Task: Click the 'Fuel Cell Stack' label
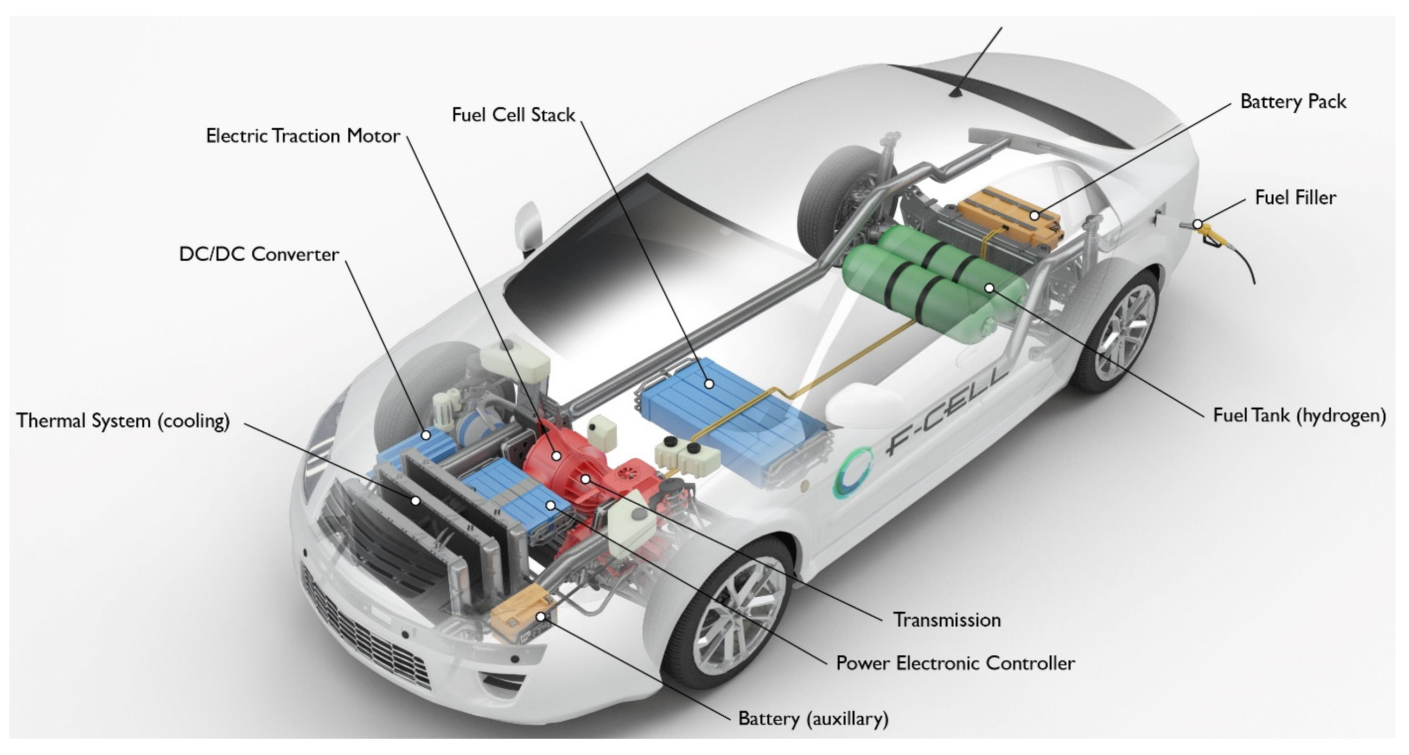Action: coord(513,115)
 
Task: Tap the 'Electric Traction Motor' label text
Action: coord(302,136)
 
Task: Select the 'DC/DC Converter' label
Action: coord(259,255)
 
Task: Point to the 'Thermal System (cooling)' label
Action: coord(123,421)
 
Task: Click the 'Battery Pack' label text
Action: coord(1293,102)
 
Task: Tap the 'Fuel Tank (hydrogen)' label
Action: coord(1300,415)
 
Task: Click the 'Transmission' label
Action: coord(947,620)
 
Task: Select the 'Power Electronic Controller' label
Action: coord(955,663)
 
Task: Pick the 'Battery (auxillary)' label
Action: coord(813,718)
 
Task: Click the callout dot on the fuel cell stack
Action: coord(709,384)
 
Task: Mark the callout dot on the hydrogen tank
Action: coord(989,288)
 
